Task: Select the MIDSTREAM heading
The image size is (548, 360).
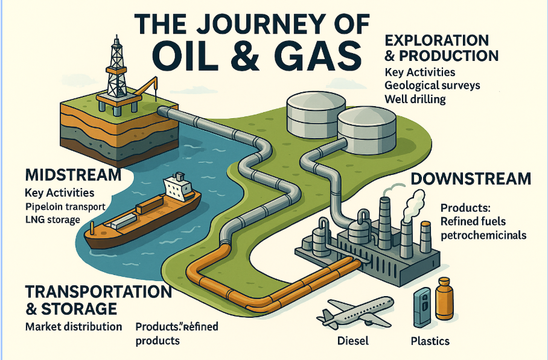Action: [x=72, y=175]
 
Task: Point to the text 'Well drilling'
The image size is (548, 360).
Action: [x=415, y=99]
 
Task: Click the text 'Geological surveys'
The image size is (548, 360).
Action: [x=432, y=85]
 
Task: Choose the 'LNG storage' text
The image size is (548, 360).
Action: [x=53, y=219]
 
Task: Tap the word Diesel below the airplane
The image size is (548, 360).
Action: [x=352, y=341]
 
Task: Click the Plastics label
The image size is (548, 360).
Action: [x=430, y=341]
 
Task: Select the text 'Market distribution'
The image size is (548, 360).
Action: [x=73, y=327]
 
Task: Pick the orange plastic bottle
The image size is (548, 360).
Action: [x=445, y=300]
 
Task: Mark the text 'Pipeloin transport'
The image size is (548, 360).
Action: [x=66, y=207]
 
